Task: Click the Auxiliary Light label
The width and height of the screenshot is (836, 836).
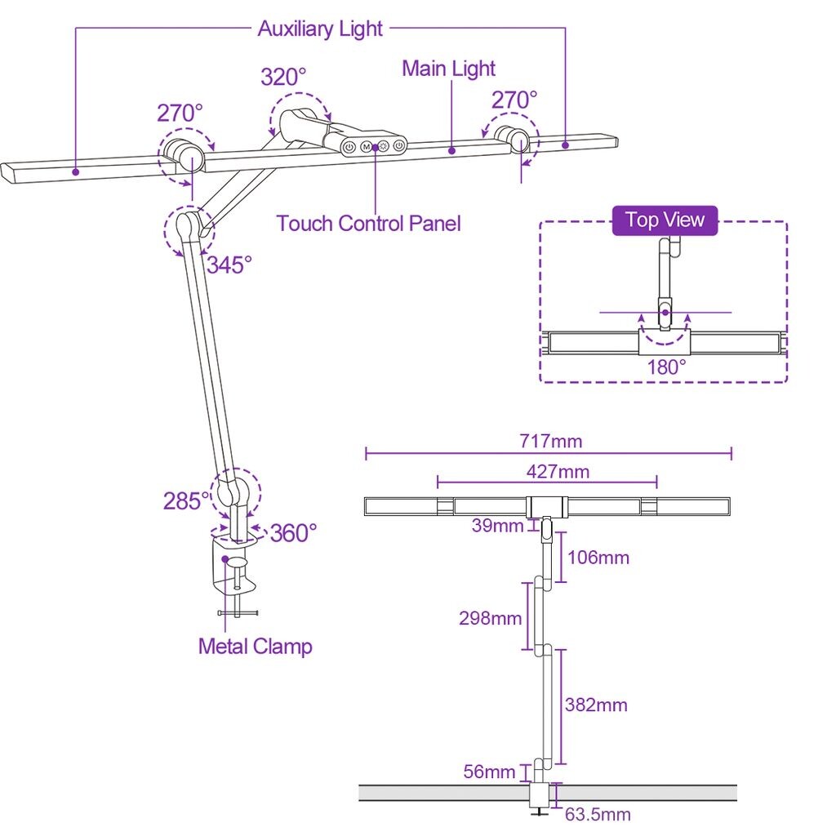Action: [320, 29]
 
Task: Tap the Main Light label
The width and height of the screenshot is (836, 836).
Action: [448, 69]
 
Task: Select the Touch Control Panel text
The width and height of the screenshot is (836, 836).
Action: [368, 223]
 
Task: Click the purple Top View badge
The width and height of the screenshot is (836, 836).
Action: [665, 220]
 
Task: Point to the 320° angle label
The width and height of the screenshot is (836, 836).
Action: [283, 77]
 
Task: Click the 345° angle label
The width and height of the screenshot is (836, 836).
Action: [229, 265]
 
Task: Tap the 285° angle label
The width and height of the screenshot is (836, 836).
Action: [182, 500]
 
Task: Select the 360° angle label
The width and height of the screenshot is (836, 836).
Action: [292, 533]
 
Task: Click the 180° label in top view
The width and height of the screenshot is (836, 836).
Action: [666, 367]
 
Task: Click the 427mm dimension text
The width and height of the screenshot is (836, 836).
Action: [558, 471]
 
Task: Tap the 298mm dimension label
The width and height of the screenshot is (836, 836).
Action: [490, 618]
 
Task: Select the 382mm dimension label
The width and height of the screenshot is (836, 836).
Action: [596, 705]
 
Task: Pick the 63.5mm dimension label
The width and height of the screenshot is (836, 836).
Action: [598, 814]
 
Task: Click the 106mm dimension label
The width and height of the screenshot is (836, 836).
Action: [598, 558]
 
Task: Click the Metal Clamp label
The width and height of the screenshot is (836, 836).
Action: [255, 647]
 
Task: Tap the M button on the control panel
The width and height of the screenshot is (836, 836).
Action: [367, 148]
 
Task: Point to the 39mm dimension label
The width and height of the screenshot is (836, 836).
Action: [497, 526]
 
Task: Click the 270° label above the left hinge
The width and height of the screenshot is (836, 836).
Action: [180, 113]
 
